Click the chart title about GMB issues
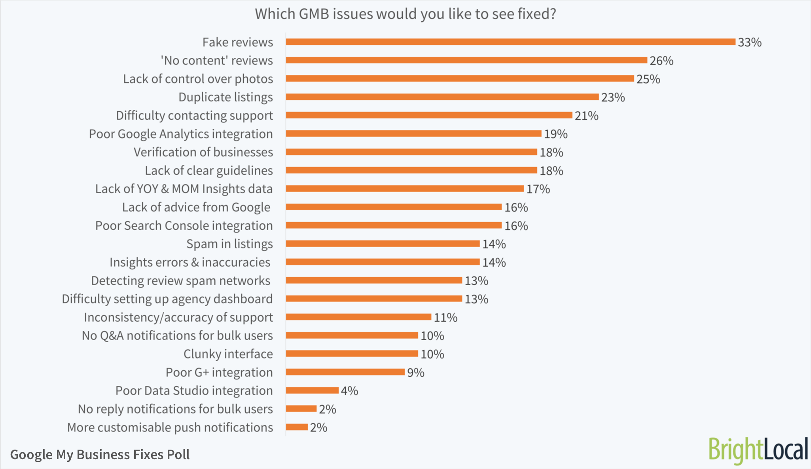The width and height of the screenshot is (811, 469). (405, 14)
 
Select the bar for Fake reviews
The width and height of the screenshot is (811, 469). (510, 42)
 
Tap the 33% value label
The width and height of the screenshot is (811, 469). (749, 42)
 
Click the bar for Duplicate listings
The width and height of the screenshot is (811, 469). (442, 97)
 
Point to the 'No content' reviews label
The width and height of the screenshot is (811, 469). (216, 61)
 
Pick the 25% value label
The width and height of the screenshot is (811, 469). (648, 79)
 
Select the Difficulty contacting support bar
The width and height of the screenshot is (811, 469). (429, 115)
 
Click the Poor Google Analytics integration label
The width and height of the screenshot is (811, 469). (181, 134)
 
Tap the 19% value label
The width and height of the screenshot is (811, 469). (555, 134)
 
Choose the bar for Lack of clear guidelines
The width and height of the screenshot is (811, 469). (411, 170)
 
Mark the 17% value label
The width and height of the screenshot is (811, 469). (538, 189)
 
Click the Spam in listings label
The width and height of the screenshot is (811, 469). (229, 244)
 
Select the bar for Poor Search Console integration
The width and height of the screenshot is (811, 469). (394, 225)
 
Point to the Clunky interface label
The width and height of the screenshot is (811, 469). (228, 354)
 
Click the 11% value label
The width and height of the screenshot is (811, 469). (445, 317)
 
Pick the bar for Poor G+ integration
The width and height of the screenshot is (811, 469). (345, 372)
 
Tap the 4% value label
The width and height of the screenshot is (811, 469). (349, 391)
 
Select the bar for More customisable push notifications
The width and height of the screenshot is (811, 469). (297, 427)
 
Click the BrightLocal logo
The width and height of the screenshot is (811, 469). (758, 450)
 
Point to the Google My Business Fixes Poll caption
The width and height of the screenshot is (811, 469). (100, 454)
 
